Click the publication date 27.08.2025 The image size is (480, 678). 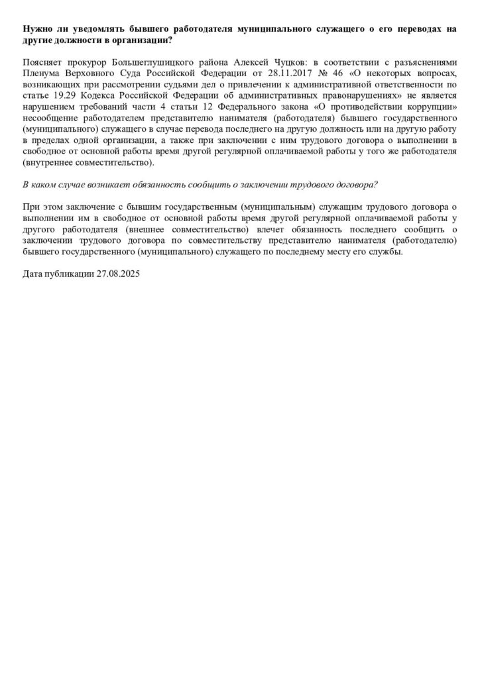(117, 276)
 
